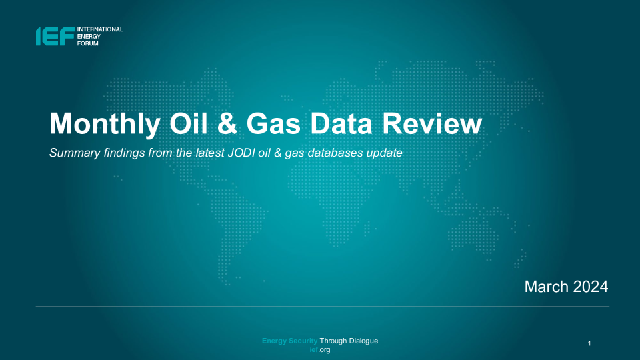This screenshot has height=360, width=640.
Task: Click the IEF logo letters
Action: (x=55, y=36)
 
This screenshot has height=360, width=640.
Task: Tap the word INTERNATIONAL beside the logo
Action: (x=100, y=29)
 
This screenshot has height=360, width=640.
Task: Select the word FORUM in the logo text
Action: (x=88, y=43)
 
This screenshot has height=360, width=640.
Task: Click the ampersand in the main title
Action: (x=227, y=123)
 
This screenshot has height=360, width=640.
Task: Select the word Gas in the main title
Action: (x=273, y=123)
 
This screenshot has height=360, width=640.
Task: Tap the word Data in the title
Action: (x=341, y=123)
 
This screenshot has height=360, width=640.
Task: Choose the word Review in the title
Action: (x=432, y=123)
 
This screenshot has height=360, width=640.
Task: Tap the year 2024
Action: (x=591, y=287)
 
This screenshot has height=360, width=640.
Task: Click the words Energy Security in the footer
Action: (x=289, y=341)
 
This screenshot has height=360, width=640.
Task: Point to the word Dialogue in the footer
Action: (x=363, y=341)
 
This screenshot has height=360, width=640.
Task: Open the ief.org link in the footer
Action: (x=320, y=350)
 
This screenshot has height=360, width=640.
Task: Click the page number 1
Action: (x=589, y=343)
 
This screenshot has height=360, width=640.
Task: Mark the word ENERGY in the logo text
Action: (x=89, y=36)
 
